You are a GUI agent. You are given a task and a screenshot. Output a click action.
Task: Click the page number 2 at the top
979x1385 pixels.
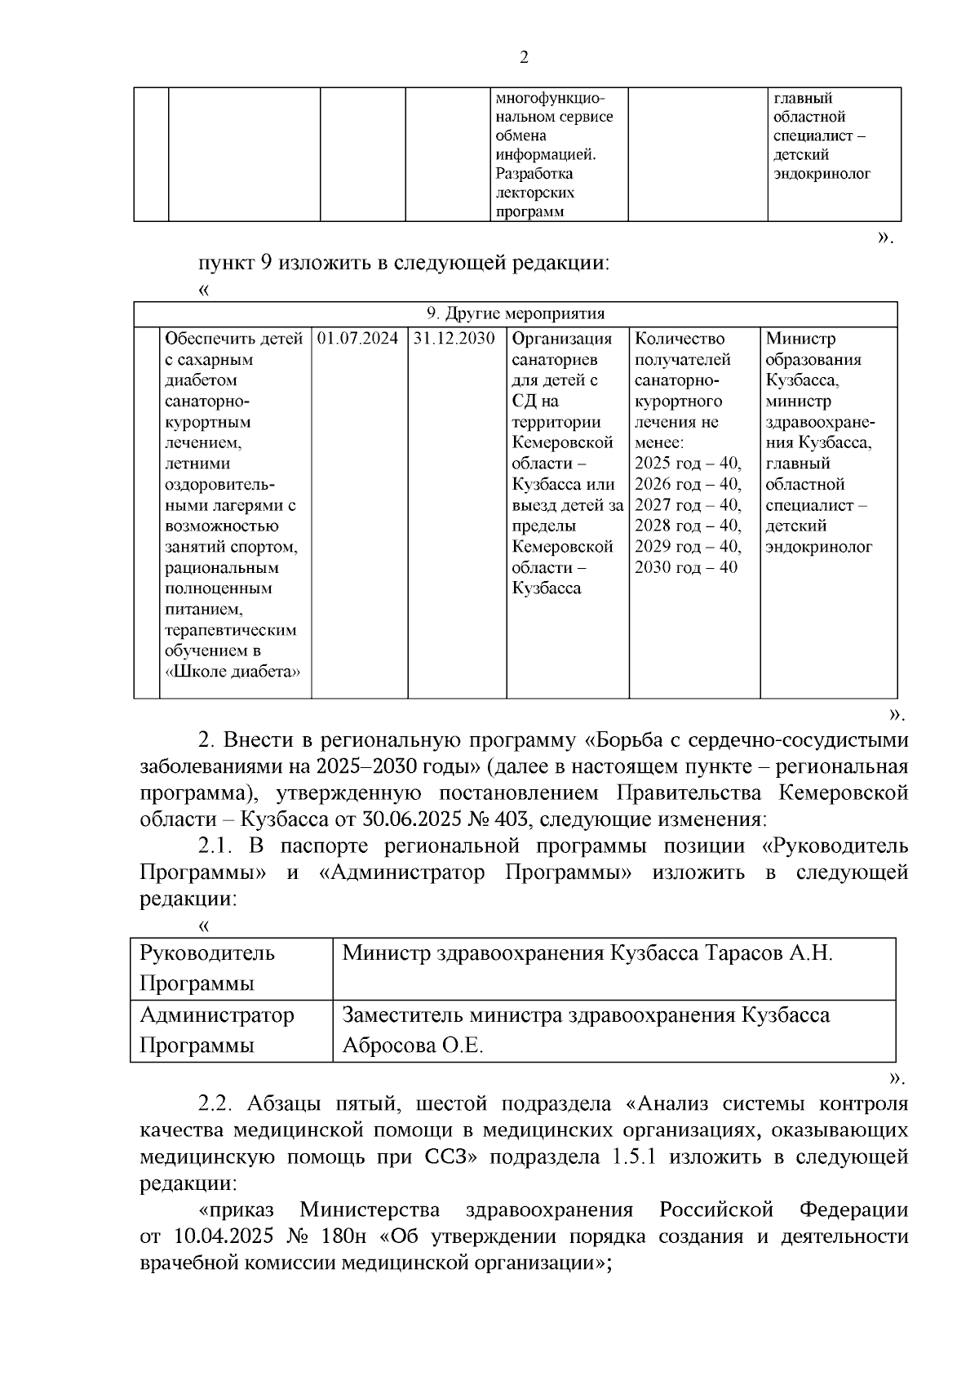tap(524, 58)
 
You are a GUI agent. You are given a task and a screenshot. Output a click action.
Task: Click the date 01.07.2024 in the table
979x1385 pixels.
tap(357, 339)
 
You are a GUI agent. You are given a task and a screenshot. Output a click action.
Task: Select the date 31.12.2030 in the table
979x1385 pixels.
tap(454, 339)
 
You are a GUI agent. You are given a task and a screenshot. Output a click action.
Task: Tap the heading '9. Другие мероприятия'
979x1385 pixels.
tap(516, 314)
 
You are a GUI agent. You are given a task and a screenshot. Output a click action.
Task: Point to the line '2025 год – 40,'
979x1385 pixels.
tap(688, 464)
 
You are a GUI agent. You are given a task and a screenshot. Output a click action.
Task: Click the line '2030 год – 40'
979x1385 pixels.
tap(685, 567)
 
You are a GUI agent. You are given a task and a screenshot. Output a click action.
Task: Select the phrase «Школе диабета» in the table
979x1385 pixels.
tap(233, 672)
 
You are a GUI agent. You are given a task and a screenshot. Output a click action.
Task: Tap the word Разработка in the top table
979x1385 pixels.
tap(534, 174)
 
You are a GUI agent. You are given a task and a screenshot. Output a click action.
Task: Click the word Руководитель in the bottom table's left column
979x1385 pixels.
tap(206, 953)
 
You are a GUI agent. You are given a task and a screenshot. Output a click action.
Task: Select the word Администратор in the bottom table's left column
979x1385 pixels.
tap(217, 1015)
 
